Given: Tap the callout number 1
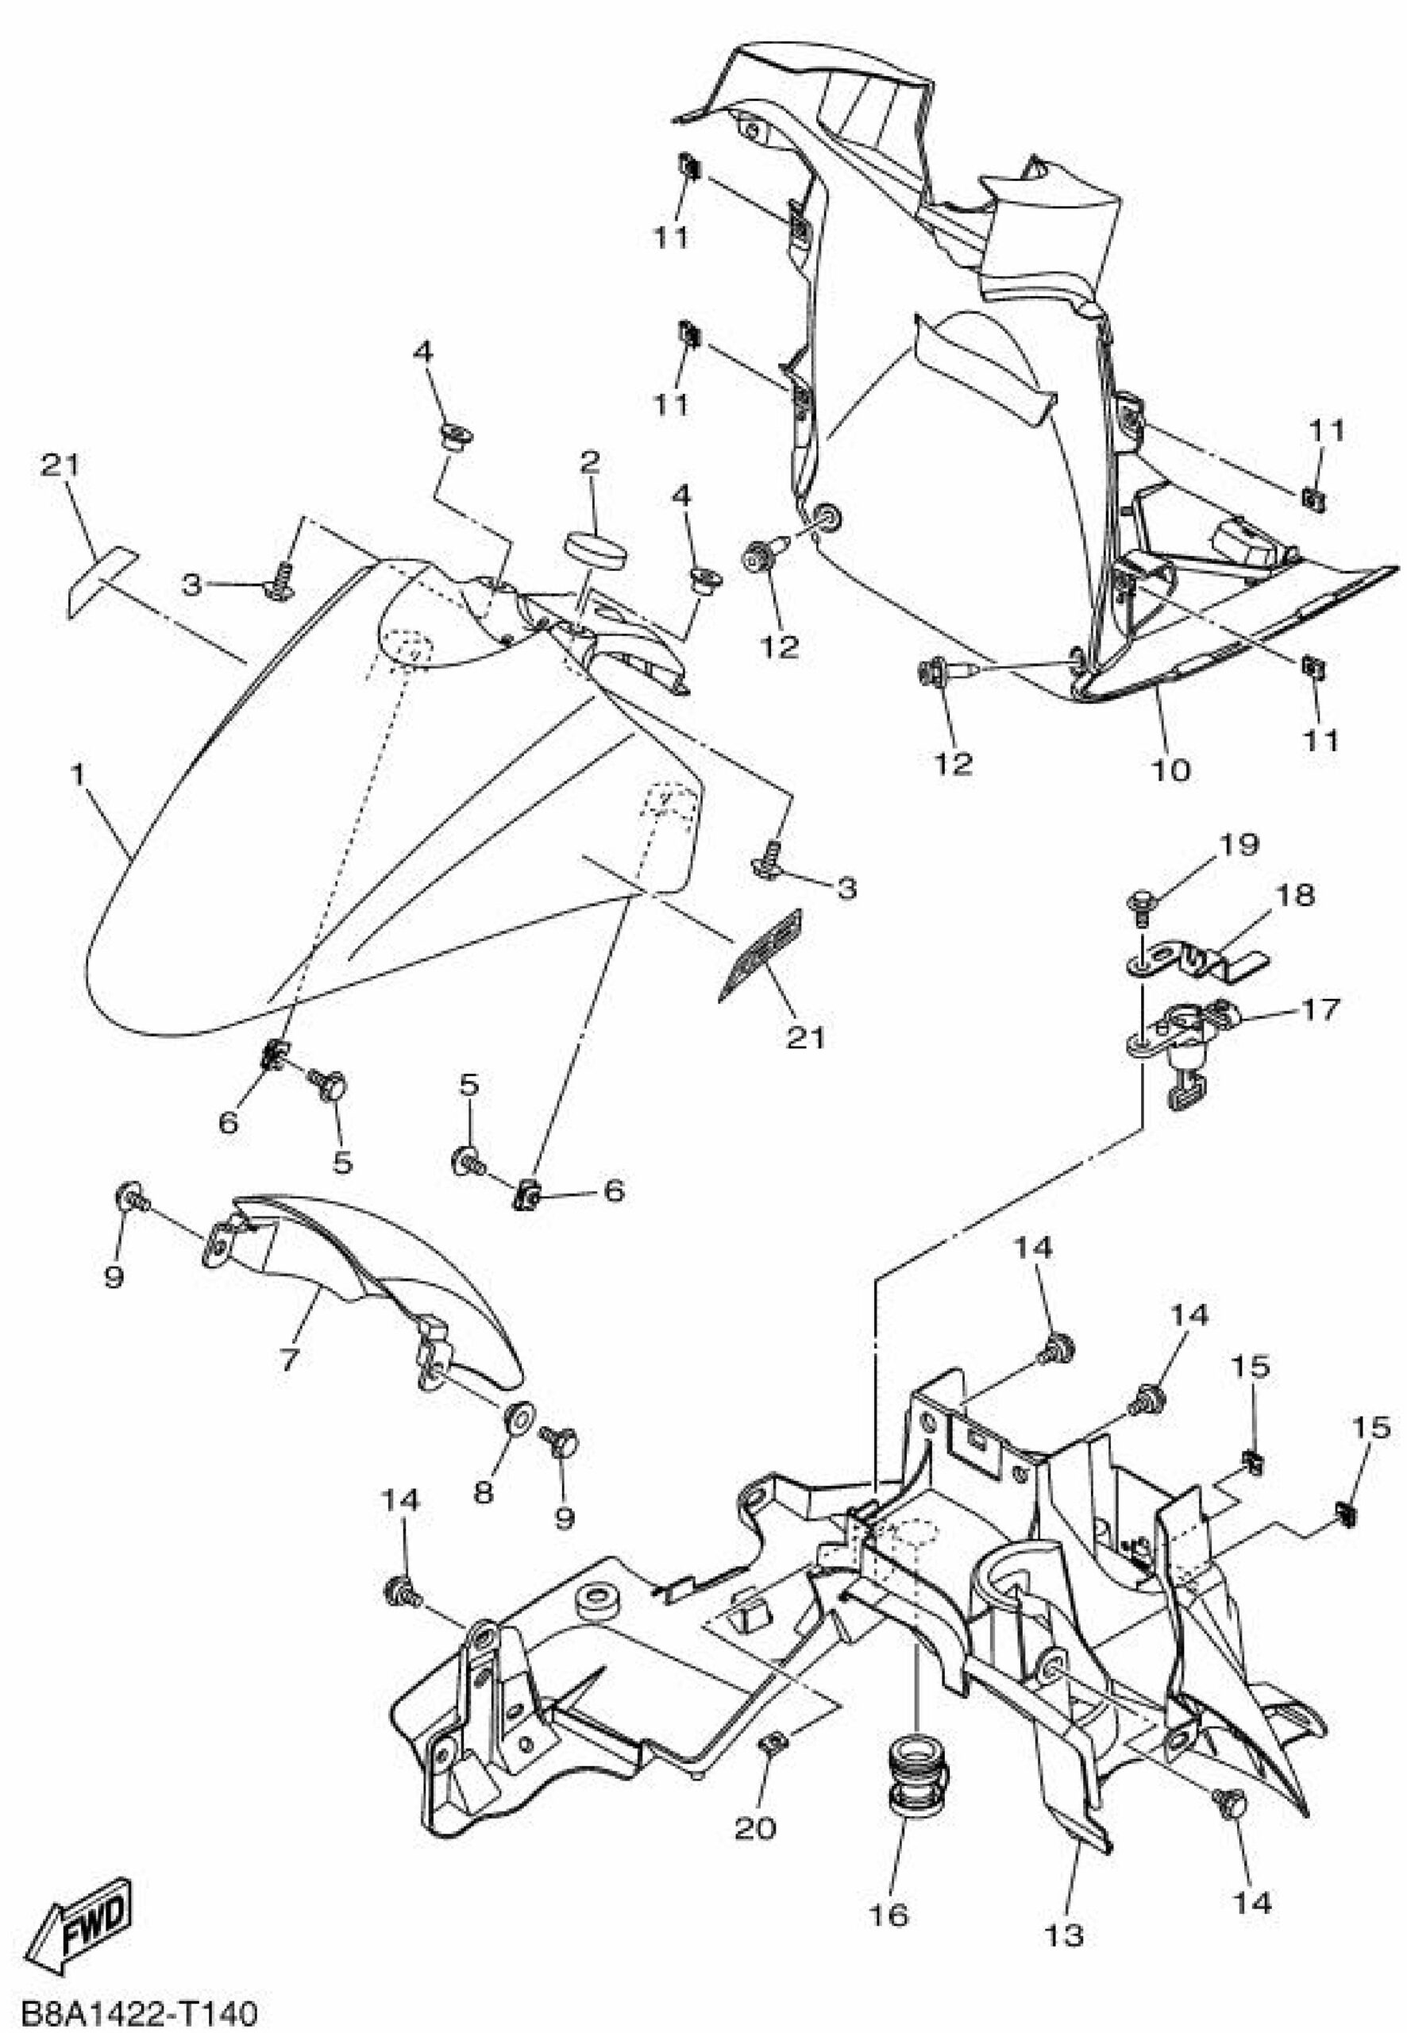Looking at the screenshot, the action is click(79, 775).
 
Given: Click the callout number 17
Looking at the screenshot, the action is click(1320, 1008).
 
